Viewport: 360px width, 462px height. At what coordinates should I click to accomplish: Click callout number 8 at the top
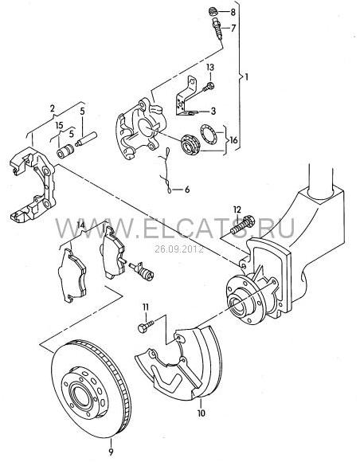point(233,12)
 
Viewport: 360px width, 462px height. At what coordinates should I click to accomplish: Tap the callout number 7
point(233,29)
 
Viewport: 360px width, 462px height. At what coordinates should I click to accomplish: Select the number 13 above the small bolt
point(210,68)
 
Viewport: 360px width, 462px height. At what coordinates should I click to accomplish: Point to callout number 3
point(213,111)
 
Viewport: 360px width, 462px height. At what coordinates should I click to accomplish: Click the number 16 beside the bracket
point(233,140)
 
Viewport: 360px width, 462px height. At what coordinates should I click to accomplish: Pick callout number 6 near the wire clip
point(187,190)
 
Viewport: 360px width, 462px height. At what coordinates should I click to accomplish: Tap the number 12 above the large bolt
point(237,209)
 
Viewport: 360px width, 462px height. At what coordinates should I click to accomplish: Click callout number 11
point(146,307)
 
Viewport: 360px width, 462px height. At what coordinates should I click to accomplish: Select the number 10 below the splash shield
point(202,413)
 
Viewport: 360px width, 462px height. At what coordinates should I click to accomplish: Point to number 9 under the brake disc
point(111,452)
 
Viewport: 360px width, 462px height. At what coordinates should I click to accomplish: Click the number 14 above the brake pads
point(80,225)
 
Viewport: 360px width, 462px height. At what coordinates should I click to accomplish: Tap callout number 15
point(59,125)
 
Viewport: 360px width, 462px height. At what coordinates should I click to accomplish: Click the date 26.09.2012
point(179,249)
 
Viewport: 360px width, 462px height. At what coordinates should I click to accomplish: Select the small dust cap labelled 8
point(213,12)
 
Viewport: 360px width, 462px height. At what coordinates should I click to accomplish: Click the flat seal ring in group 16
point(209,135)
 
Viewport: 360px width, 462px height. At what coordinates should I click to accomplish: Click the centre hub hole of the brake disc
point(79,394)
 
